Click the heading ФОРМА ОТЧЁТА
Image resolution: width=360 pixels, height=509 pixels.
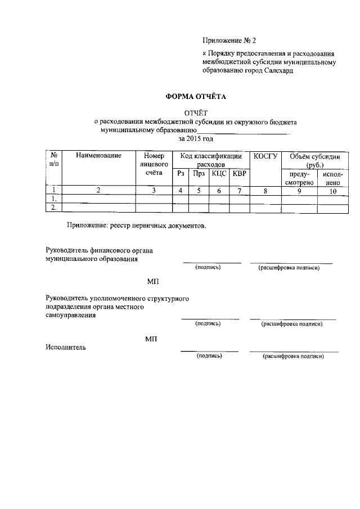click(x=195, y=96)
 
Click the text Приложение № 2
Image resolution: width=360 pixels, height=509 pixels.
click(x=229, y=41)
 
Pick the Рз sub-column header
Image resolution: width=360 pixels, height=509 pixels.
click(x=180, y=174)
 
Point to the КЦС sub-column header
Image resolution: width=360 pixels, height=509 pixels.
click(x=219, y=174)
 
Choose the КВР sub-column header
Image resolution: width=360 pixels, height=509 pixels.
click(x=239, y=174)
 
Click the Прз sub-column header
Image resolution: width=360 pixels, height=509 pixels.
click(x=199, y=174)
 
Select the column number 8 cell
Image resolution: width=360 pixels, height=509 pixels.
click(x=265, y=191)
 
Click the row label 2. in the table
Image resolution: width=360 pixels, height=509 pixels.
click(x=54, y=208)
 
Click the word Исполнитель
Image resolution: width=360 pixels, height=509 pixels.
click(x=66, y=347)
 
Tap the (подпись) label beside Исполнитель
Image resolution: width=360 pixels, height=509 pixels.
click(x=209, y=356)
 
